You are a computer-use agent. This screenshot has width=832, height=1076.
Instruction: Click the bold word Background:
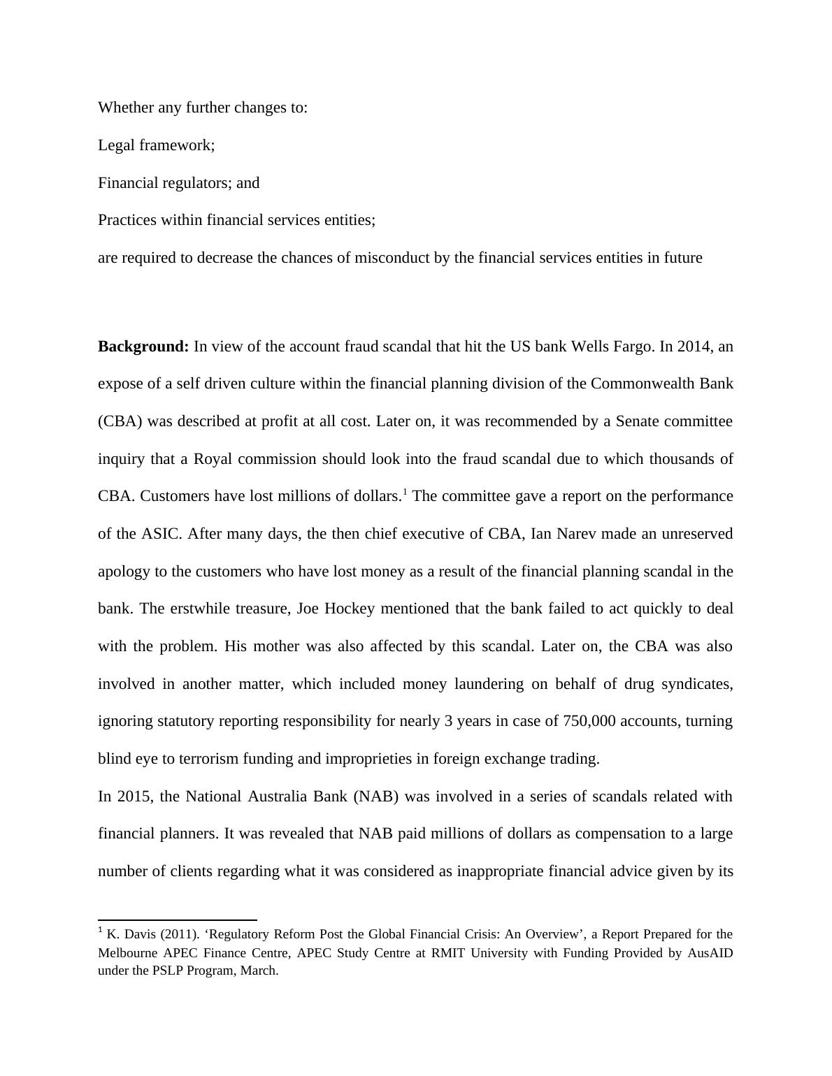coord(143,347)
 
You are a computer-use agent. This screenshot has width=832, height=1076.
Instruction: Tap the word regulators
coord(195,183)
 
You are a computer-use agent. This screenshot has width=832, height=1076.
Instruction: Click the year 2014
coord(694,347)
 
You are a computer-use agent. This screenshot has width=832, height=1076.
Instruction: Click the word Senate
coord(637,421)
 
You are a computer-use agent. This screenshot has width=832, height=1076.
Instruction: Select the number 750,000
coord(589,721)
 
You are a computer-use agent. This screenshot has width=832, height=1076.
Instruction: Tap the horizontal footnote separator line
coord(178,920)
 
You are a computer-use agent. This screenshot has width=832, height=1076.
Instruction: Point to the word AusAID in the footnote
coord(709,953)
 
